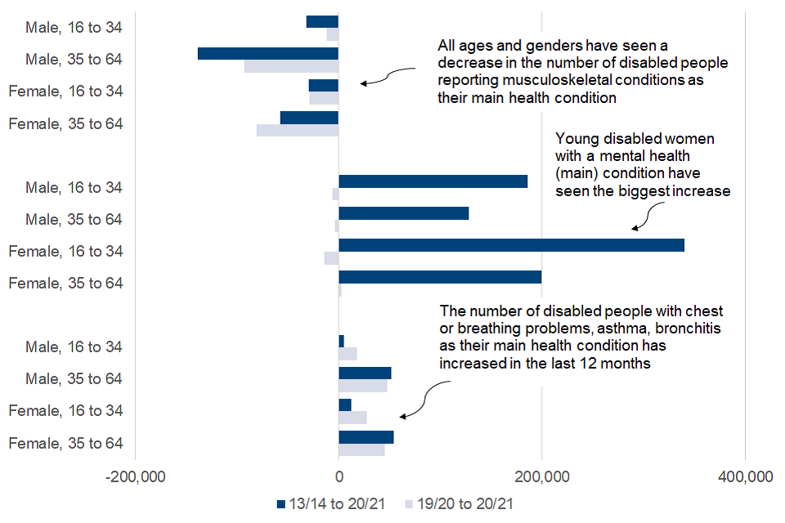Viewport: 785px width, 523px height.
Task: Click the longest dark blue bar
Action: point(511,245)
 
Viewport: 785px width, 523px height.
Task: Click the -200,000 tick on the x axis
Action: point(135,476)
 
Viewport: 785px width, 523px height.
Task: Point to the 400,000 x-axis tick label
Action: point(744,476)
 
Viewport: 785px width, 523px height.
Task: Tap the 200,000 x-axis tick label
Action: point(541,476)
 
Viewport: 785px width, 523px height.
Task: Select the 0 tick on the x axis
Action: point(339,476)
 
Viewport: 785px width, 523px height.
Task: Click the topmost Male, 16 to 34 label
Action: point(74,27)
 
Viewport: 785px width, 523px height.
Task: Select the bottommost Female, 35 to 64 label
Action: point(65,443)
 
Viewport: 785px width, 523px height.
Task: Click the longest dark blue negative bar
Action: point(268,54)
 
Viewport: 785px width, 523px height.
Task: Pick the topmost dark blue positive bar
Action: point(433,181)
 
